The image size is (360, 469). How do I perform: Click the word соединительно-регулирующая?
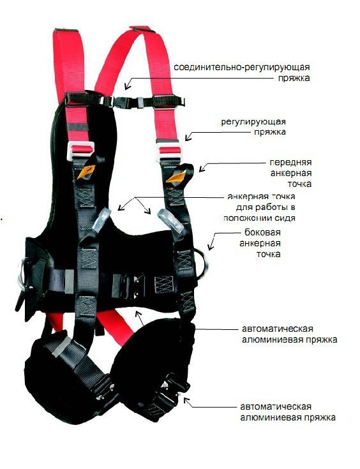coord(241,67)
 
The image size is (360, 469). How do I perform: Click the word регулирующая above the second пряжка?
coord(253,122)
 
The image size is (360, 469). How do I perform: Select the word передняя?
coord(290,163)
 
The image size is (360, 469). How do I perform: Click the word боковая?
coord(262,232)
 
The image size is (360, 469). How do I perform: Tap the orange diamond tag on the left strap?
coord(86,172)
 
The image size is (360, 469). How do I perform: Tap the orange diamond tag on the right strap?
coord(177,176)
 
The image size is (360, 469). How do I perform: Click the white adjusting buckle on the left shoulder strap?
coord(81,151)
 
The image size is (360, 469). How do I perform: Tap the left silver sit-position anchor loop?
coord(101,220)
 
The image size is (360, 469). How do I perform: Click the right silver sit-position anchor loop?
coord(171,222)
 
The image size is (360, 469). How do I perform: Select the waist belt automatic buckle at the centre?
coord(130,287)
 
